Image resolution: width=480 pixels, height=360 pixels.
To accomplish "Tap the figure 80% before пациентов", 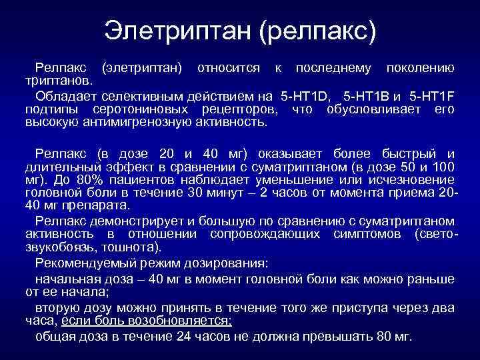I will (97, 179).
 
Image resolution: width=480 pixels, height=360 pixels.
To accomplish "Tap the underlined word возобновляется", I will (188, 320).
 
